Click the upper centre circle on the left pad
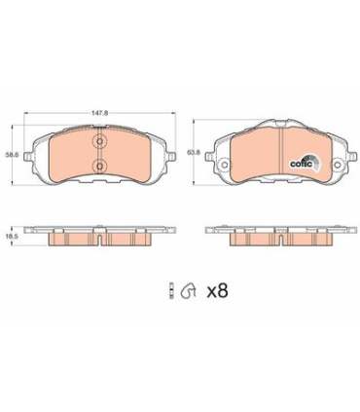99,142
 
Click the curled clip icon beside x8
191,289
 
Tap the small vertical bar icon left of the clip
171,289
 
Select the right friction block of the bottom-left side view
130,238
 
